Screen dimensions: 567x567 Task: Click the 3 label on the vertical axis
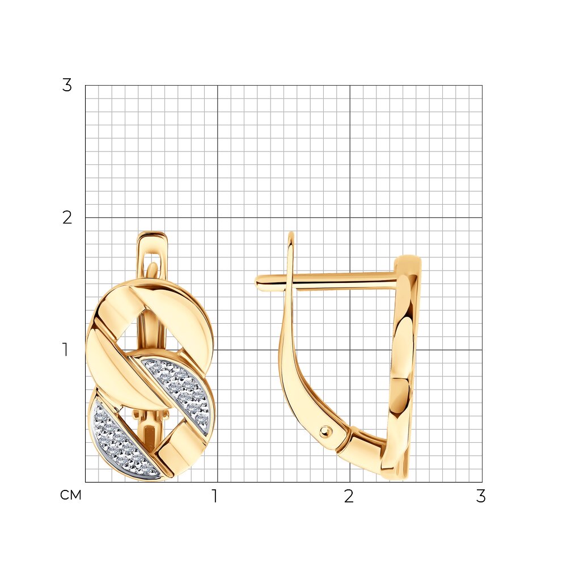tap(67, 86)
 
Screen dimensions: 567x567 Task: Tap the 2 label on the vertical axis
tap(67, 218)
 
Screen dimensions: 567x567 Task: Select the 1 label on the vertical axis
tap(65, 350)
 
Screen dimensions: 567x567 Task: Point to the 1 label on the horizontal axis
tap(215, 497)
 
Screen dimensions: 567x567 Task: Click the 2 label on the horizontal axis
tap(349, 497)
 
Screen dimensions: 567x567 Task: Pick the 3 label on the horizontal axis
tap(481, 497)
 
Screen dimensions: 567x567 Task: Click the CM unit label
tap(71, 495)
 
